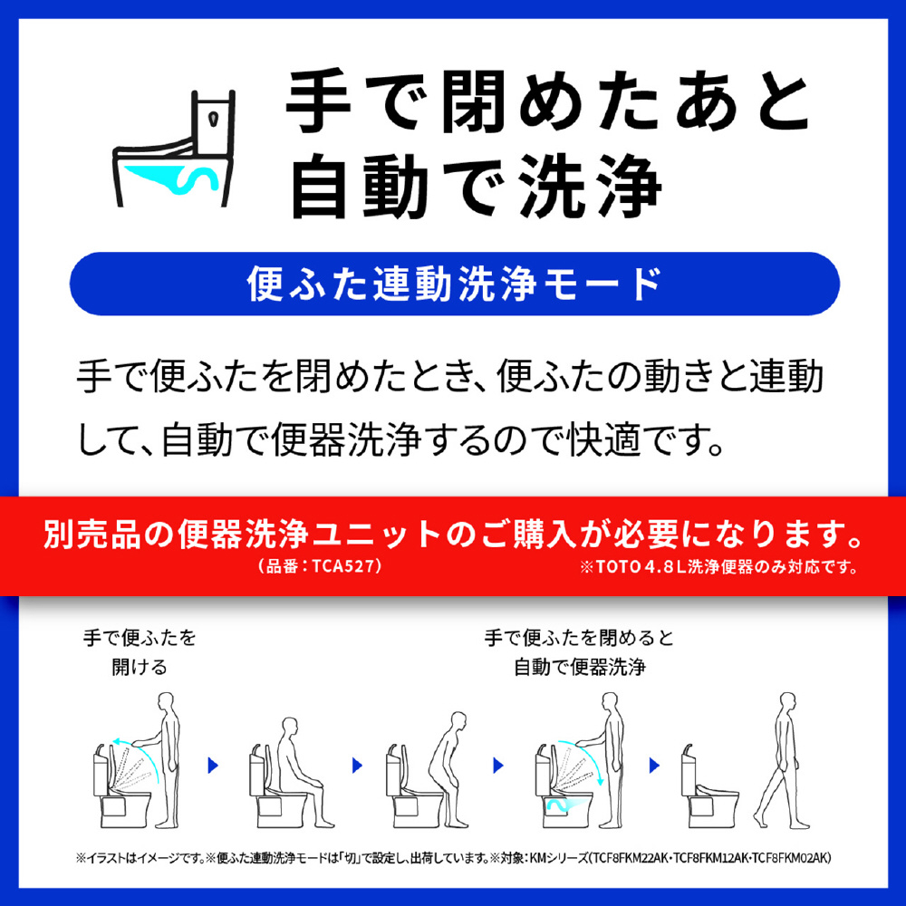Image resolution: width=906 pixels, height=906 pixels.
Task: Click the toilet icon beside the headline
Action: (174, 149)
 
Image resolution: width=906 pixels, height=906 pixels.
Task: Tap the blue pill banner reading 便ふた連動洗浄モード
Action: (454, 284)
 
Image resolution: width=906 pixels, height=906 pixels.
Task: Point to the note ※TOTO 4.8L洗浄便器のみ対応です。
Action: (719, 567)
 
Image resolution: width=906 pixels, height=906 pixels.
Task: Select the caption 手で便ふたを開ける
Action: (140, 652)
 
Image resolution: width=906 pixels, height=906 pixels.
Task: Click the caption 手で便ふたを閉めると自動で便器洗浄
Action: (580, 652)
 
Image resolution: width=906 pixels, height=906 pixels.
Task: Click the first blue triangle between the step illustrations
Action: (213, 766)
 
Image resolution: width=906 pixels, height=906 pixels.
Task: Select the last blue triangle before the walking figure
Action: (654, 766)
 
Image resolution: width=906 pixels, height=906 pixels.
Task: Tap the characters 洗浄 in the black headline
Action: (590, 186)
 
